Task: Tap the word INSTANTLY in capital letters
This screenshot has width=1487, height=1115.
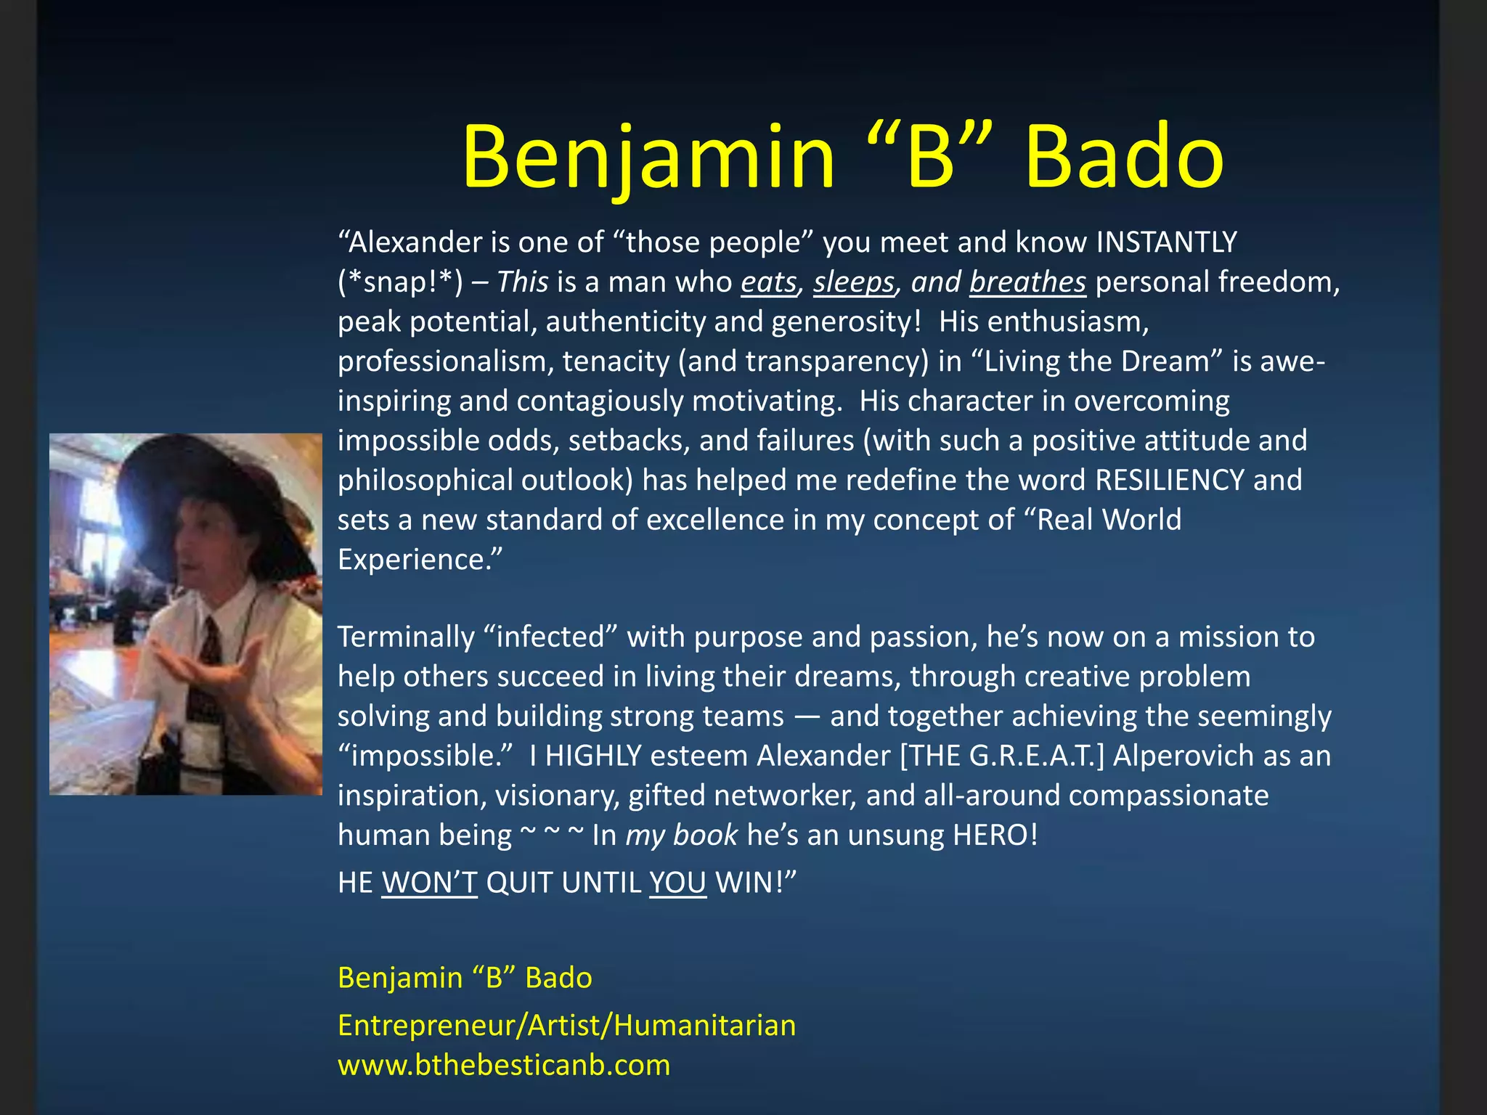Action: [1166, 242]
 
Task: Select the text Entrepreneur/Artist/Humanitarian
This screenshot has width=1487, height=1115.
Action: [566, 1026]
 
